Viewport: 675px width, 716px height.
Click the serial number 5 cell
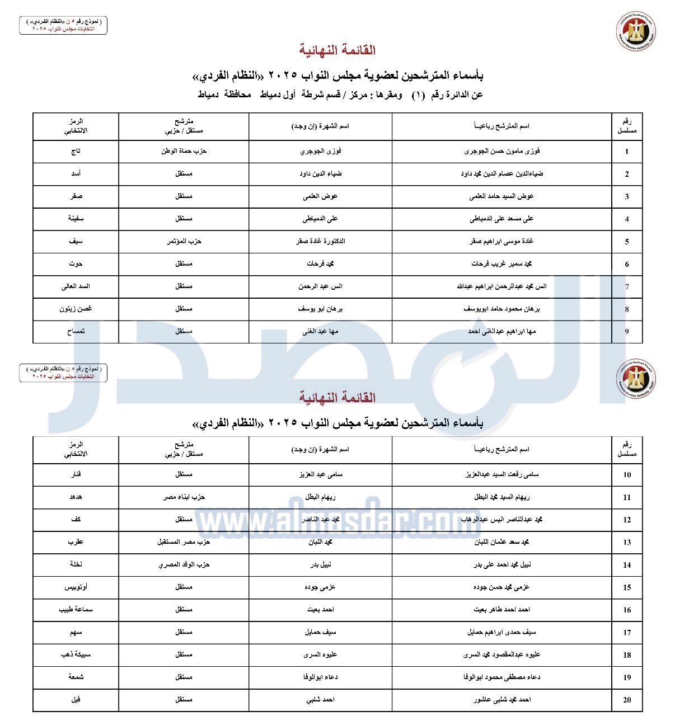tap(627, 242)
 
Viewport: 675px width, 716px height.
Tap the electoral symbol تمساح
tap(76, 331)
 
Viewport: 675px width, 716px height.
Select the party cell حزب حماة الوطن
tap(184, 151)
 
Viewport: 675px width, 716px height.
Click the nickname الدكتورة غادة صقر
tap(321, 241)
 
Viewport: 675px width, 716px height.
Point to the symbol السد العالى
tap(76, 286)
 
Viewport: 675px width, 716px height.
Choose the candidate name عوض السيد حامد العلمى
tap(501, 196)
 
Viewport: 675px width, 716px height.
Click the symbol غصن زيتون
tap(76, 309)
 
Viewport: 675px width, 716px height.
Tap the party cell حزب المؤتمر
tap(184, 241)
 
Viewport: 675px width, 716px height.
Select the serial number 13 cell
tap(627, 542)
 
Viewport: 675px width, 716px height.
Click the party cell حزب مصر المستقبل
tap(184, 542)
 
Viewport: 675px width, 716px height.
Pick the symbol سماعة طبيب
tap(76, 609)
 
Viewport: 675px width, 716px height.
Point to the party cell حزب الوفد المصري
tap(184, 564)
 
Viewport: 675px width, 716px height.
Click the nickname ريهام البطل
tap(321, 497)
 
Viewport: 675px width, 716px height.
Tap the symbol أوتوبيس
tap(76, 587)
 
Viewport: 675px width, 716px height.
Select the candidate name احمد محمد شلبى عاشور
tap(501, 699)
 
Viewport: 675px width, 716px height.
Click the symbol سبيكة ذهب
tap(76, 654)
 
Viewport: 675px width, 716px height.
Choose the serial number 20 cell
tap(627, 700)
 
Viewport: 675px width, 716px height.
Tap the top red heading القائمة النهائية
tap(337, 50)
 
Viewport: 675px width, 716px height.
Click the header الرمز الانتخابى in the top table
tap(76, 126)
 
